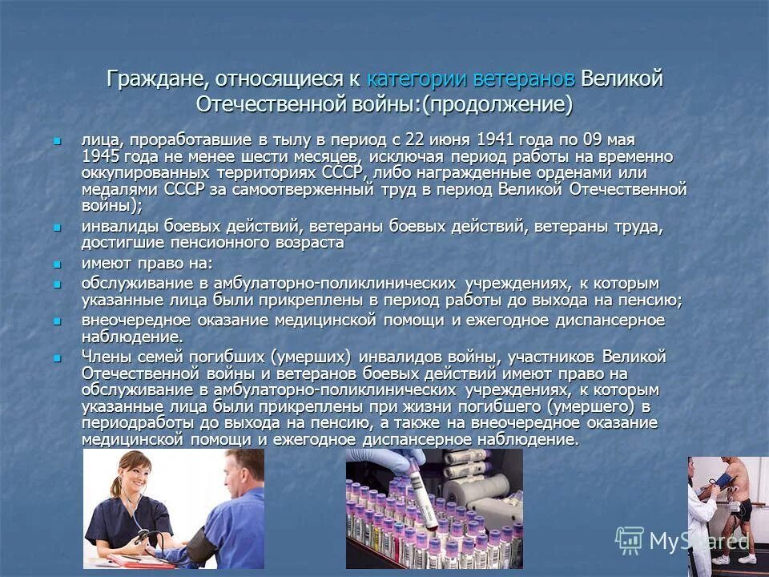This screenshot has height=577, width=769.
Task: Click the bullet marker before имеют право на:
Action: (x=56, y=264)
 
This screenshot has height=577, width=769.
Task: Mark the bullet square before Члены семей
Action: (x=56, y=357)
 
